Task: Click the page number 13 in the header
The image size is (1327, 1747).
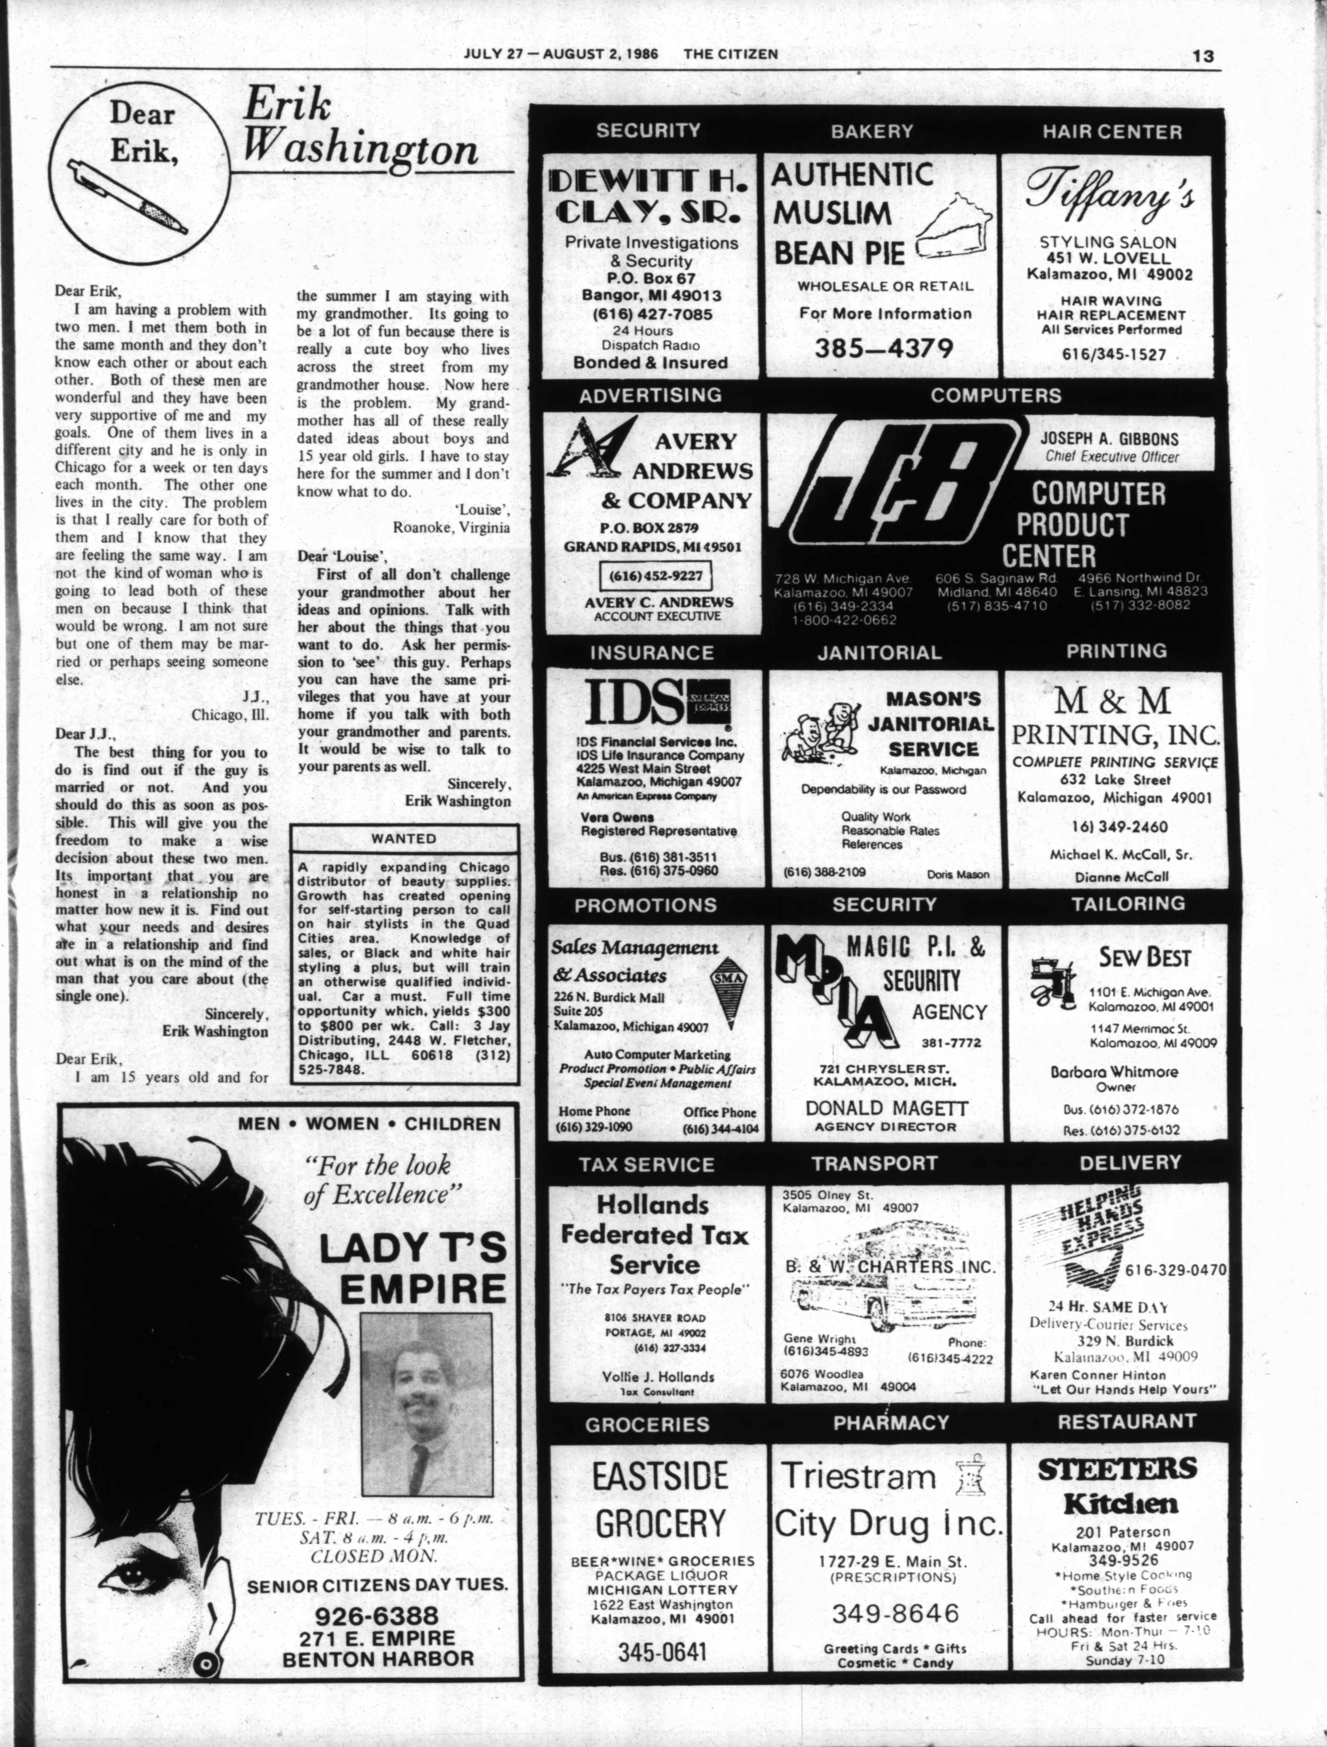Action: (1203, 56)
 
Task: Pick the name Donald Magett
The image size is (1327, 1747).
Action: (886, 1109)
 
